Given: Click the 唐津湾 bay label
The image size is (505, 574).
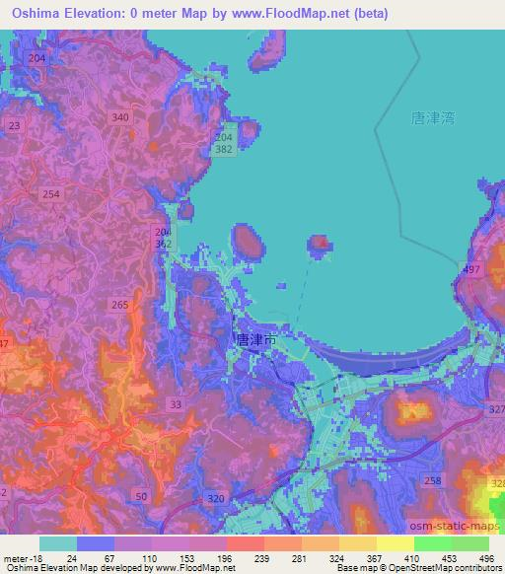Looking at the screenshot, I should click(x=431, y=118).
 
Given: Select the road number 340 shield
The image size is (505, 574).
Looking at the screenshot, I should click(x=120, y=117).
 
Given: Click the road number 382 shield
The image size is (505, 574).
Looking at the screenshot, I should click(x=226, y=147).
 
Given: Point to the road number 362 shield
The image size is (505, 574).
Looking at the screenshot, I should click(x=164, y=243).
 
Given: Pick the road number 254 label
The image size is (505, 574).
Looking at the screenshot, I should click(x=51, y=195).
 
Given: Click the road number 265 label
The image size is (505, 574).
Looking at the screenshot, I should click(x=120, y=306).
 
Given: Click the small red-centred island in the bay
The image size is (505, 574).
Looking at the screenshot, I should click(x=320, y=243).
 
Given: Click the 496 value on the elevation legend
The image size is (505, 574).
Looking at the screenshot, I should click(x=486, y=558).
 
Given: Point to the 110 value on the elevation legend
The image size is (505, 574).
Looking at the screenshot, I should click(x=152, y=558).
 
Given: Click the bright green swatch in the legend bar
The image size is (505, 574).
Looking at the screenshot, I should click(x=432, y=543).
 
